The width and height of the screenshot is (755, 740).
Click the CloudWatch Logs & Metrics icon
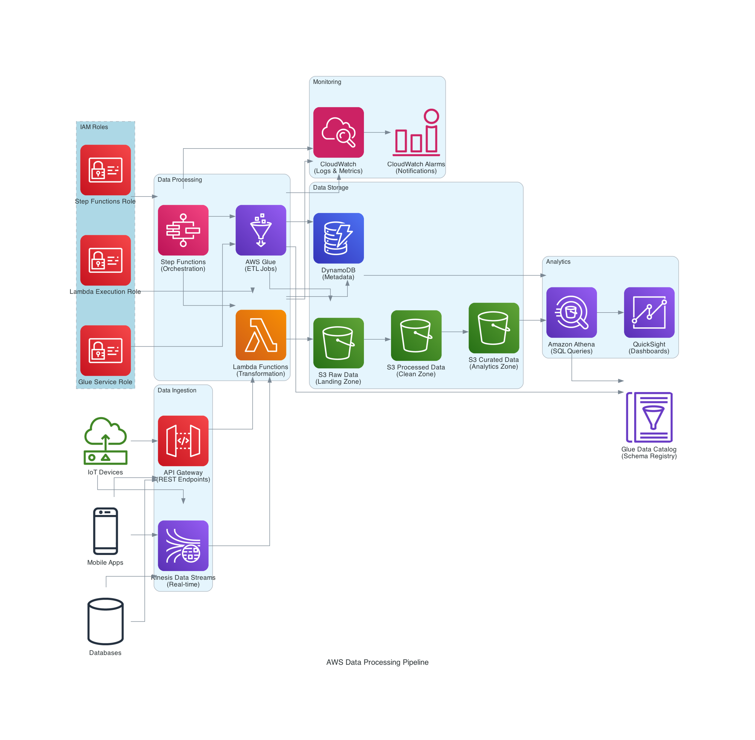pyautogui.click(x=338, y=132)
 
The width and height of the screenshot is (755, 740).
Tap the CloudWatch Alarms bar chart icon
pyautogui.click(x=416, y=132)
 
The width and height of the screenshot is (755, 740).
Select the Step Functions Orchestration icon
pyautogui.click(x=183, y=230)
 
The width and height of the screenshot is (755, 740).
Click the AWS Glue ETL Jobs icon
pyautogui.click(x=260, y=230)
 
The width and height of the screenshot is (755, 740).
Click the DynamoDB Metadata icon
pyautogui.click(x=338, y=238)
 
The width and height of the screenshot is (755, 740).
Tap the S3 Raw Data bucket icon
pyautogui.click(x=338, y=343)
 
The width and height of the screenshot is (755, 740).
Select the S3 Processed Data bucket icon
pyautogui.click(x=416, y=335)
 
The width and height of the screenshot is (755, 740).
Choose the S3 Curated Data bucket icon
pyautogui.click(x=494, y=328)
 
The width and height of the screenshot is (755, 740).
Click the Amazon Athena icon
pyautogui.click(x=571, y=312)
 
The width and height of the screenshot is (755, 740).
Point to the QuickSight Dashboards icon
pyautogui.click(x=649, y=312)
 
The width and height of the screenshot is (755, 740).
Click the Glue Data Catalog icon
pyautogui.click(x=649, y=417)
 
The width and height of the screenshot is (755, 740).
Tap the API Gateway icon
pyautogui.click(x=183, y=441)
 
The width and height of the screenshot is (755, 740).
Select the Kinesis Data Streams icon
pyautogui.click(x=183, y=545)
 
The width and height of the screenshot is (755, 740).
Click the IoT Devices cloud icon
pyautogui.click(x=105, y=441)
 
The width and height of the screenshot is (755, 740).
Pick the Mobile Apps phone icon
pyautogui.click(x=105, y=531)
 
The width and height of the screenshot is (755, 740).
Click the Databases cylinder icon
pyautogui.click(x=105, y=621)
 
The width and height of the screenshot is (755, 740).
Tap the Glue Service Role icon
pyautogui.click(x=105, y=350)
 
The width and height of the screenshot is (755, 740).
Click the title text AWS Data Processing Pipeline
pyautogui.click(x=377, y=662)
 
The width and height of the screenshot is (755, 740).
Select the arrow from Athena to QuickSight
pyautogui.click(x=610, y=312)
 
